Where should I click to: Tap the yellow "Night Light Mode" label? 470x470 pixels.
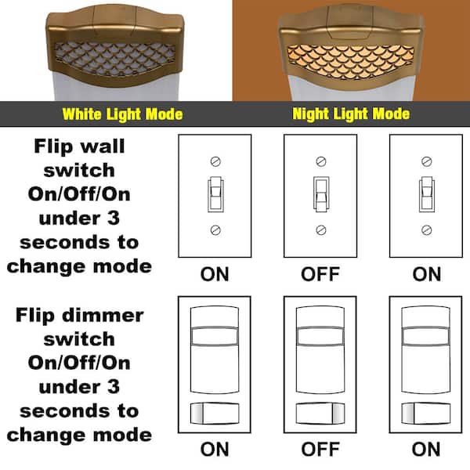coord(351,114)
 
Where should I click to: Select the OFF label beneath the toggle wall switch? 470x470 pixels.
coord(320,274)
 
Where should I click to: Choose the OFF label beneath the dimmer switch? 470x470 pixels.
coord(320,450)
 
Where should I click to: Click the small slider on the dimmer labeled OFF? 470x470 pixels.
coord(320,412)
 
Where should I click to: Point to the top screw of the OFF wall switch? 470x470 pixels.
coord(320,161)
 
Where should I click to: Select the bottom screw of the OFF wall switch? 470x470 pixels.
coord(320,230)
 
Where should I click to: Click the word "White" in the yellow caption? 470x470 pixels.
coord(81,114)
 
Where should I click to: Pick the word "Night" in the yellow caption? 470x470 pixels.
coord(312,114)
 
